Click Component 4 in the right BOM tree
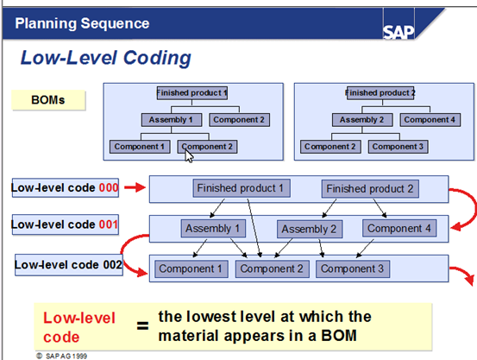click(x=427, y=120)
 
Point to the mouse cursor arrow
click(x=189, y=155)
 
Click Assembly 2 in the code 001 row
click(x=310, y=229)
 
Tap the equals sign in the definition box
click(x=140, y=325)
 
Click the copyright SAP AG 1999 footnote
click(x=61, y=354)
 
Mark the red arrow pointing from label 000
click(x=133, y=186)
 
